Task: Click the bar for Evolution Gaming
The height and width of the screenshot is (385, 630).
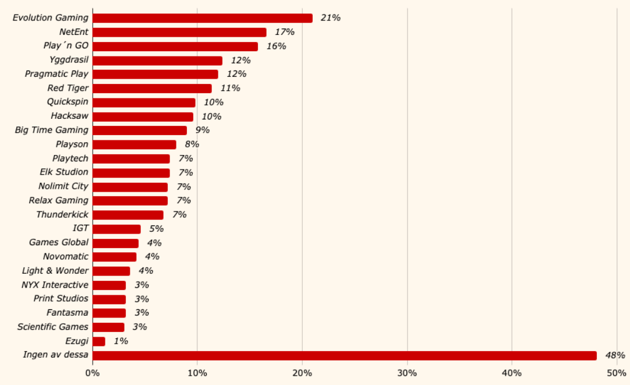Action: [203, 18]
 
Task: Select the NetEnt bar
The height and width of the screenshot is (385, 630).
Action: [179, 32]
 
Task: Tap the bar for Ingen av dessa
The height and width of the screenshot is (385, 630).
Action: [345, 355]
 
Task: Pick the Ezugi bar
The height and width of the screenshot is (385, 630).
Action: [99, 341]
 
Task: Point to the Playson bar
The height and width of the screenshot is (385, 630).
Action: [135, 144]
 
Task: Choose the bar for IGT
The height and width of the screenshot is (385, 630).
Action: [116, 229]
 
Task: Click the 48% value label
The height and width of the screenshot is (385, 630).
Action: [615, 355]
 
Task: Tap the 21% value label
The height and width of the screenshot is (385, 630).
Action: [330, 18]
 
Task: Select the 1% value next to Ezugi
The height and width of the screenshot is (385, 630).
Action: [121, 341]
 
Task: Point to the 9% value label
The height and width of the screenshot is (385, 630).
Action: [202, 130]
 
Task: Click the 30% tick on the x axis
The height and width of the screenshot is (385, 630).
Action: [407, 373]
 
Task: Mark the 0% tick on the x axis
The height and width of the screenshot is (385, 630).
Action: [93, 373]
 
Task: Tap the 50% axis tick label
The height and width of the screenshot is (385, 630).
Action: [617, 373]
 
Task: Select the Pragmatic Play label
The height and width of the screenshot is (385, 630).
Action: [56, 74]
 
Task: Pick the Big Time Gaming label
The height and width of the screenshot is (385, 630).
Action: [52, 130]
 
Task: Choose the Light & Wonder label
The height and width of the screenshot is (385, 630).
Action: [55, 271]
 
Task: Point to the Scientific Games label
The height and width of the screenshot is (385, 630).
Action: [53, 327]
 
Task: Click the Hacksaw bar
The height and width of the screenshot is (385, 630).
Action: [143, 116]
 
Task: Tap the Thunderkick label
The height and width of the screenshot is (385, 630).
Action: [62, 215]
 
